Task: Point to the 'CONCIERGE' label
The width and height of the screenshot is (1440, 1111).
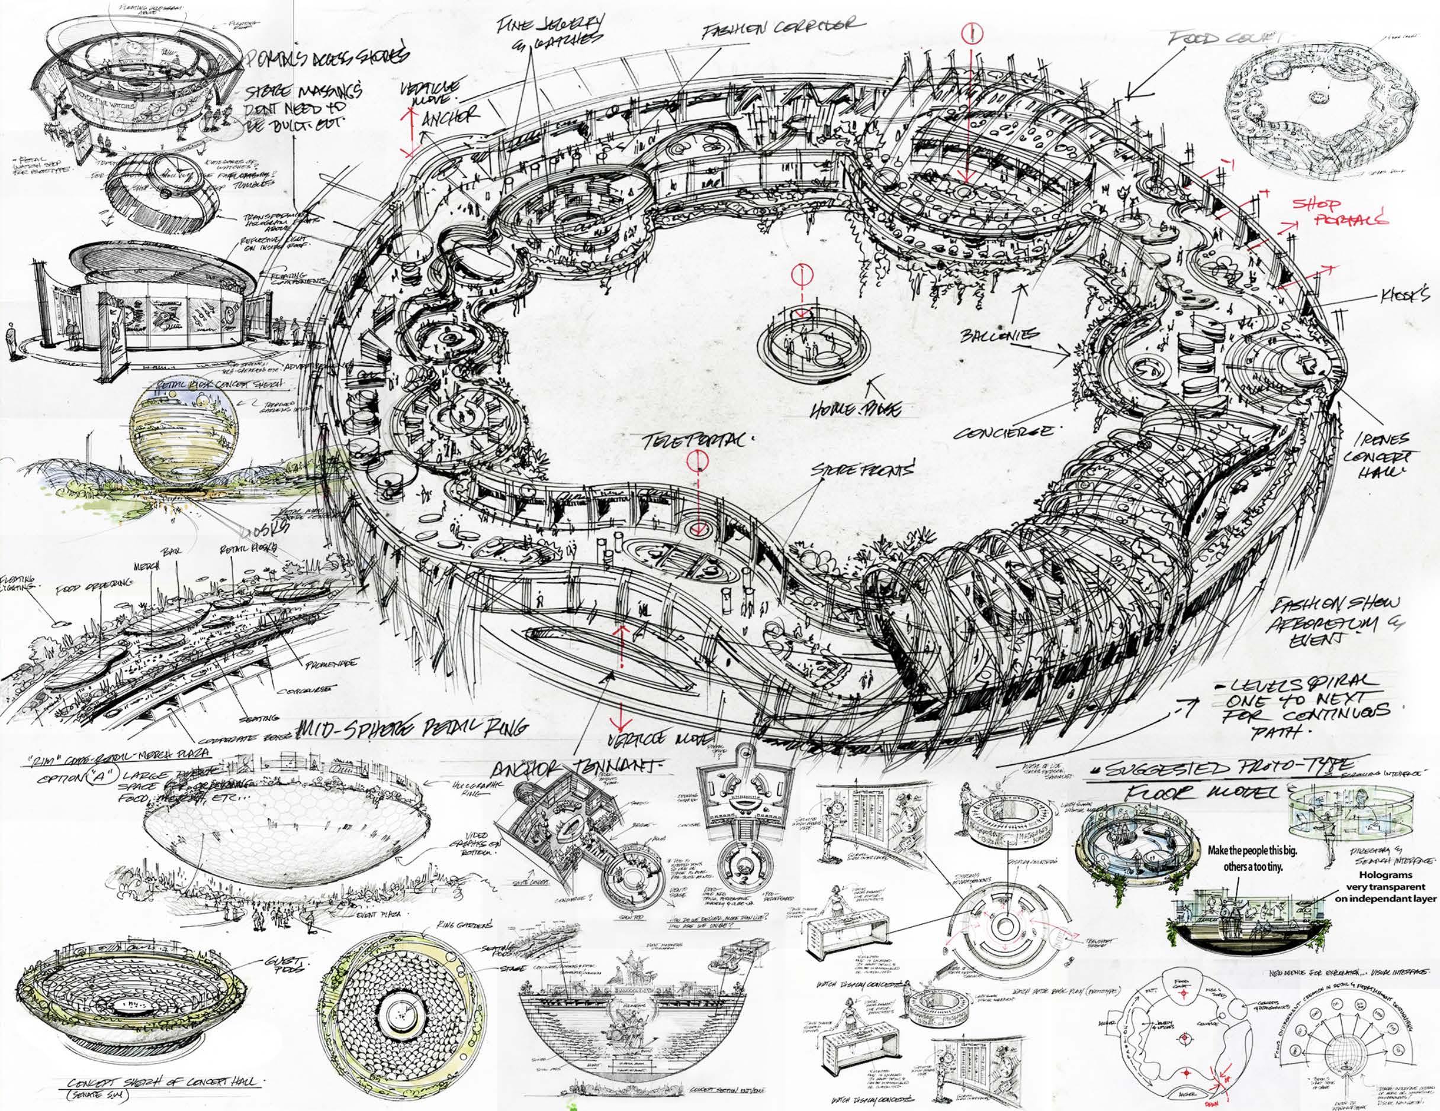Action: (1005, 434)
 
